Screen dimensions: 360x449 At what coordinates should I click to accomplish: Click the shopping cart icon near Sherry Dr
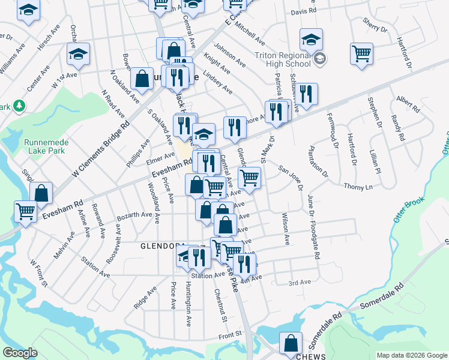point(362,53)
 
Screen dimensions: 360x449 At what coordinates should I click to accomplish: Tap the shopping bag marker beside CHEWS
point(291,343)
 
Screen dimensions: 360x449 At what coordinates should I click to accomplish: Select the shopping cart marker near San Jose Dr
point(249,176)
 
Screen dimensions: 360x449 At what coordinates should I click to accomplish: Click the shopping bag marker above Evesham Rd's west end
point(41,193)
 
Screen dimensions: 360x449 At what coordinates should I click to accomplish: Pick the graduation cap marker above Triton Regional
point(311,40)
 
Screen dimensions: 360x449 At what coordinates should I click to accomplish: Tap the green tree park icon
point(20,106)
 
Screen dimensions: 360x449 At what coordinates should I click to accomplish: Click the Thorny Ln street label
point(358,187)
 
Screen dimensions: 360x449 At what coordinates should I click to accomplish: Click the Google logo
point(20,353)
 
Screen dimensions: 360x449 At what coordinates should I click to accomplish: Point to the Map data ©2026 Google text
point(411,355)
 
